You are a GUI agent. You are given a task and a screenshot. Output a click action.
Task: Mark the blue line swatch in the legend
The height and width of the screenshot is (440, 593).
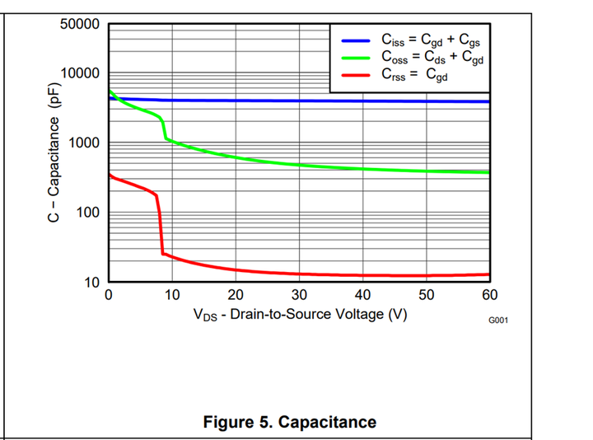point(355,40)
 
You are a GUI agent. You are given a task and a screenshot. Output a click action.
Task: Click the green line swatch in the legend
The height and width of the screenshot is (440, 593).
point(355,58)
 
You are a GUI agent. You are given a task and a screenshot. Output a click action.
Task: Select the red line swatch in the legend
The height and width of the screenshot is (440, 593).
point(355,75)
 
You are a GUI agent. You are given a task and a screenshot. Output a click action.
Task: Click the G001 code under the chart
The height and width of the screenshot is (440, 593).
point(497,320)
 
